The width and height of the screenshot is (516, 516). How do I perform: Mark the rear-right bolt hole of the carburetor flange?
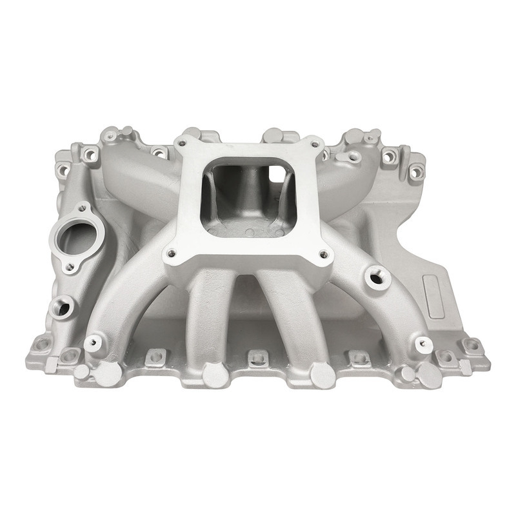(x=313, y=144)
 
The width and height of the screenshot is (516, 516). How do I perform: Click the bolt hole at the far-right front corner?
(x=473, y=346)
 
